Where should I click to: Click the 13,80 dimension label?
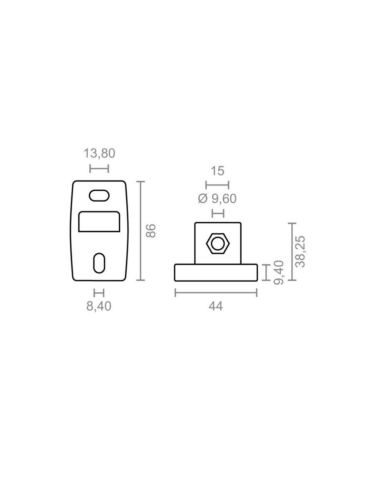click(x=99, y=153)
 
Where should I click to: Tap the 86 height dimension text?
click(x=151, y=230)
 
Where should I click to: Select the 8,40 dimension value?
click(x=99, y=306)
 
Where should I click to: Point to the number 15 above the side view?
click(x=218, y=171)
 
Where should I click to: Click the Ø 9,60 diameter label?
click(x=217, y=199)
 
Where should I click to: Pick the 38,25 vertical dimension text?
click(x=300, y=252)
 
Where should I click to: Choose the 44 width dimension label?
click(x=216, y=306)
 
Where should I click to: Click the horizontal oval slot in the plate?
click(x=99, y=195)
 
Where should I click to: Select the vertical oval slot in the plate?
click(x=99, y=263)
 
